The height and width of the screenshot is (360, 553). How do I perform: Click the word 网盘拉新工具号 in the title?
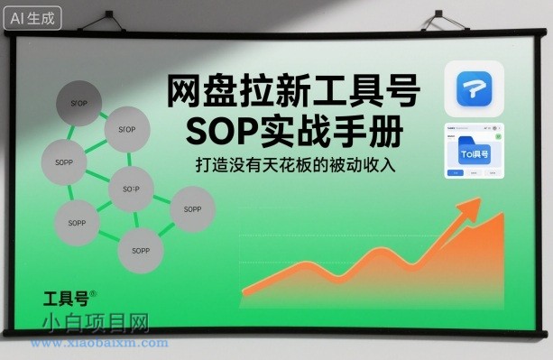[x=294, y=94]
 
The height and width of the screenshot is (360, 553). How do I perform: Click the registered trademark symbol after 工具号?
[x=93, y=290]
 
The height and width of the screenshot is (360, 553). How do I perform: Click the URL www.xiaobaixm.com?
[x=99, y=344]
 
